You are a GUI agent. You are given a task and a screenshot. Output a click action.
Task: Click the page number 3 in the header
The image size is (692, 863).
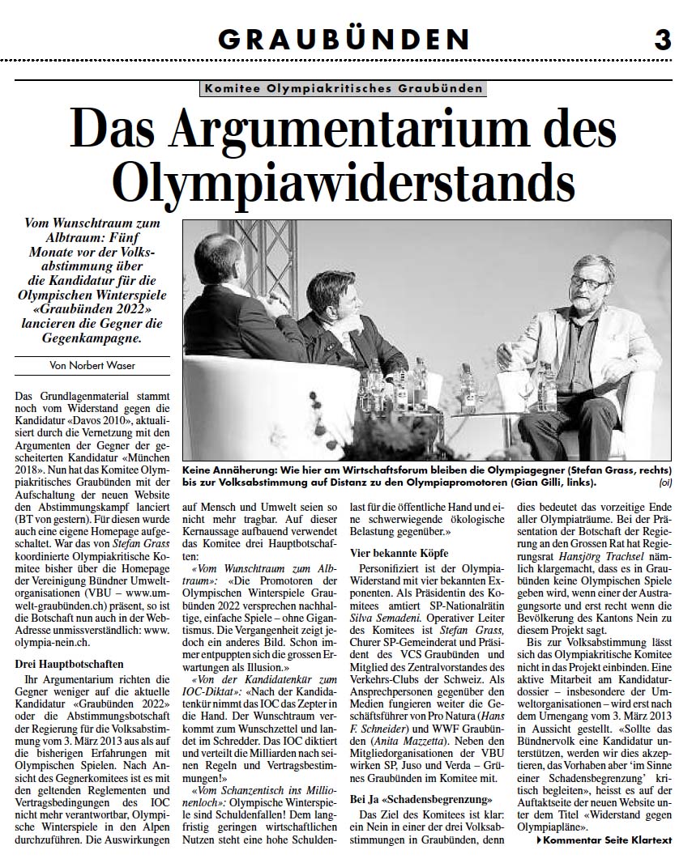(x=662, y=38)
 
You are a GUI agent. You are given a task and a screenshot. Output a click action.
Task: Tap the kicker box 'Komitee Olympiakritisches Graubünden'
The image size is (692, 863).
(x=344, y=88)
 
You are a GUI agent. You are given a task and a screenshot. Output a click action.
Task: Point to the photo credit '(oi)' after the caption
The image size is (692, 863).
(x=665, y=483)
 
